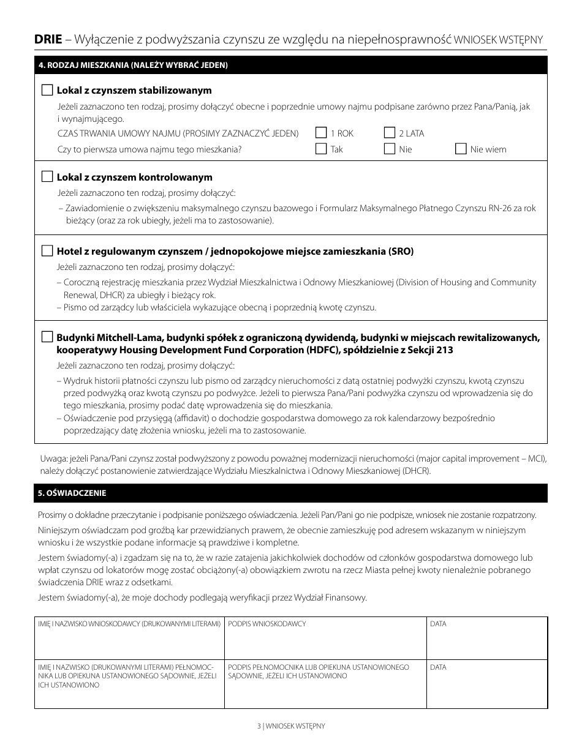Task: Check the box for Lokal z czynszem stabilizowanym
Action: (47, 90)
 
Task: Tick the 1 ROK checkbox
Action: (321, 133)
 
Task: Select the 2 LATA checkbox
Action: (390, 133)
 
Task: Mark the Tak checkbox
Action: (321, 149)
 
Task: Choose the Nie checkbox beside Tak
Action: (390, 149)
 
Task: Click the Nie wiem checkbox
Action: (461, 149)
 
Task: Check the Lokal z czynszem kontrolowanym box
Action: (47, 177)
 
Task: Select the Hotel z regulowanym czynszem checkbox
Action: (47, 251)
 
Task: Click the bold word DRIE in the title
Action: (47, 40)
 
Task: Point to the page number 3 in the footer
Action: (259, 726)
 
